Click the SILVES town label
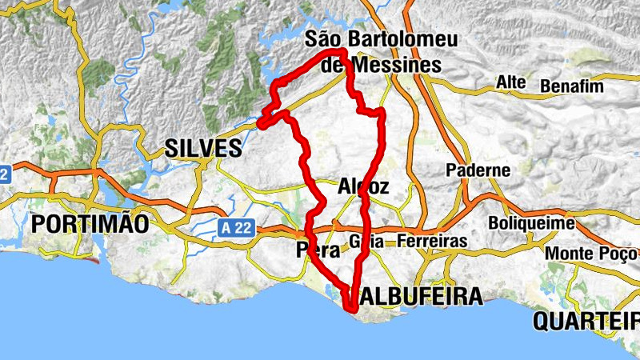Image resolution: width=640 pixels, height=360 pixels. click(x=202, y=148)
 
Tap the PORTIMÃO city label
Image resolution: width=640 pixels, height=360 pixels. click(x=90, y=224)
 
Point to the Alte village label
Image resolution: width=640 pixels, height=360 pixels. click(x=510, y=82)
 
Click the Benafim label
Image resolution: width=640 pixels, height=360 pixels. click(x=570, y=85)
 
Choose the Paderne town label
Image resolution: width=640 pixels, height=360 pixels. click(x=478, y=170)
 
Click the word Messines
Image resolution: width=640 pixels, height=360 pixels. click(x=391, y=66)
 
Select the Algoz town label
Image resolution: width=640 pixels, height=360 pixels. click(x=363, y=187)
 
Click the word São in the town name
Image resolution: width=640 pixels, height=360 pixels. click(x=324, y=39)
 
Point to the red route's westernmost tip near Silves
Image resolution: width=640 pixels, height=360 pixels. click(x=262, y=123)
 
